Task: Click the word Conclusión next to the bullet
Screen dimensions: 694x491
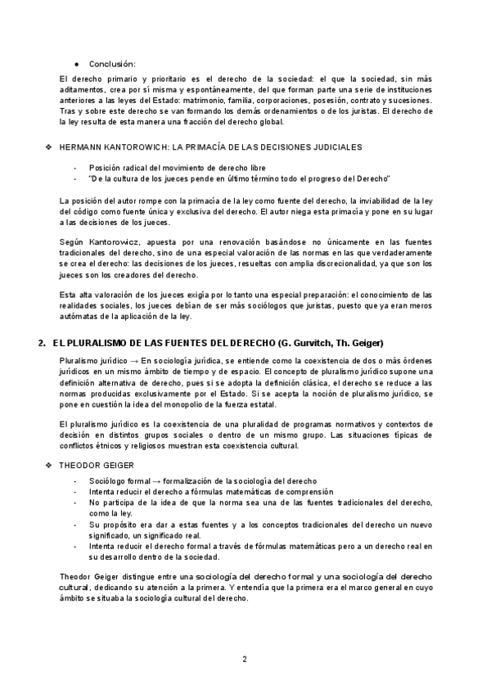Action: click(x=112, y=64)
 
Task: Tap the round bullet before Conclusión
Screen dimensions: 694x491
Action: click(x=76, y=64)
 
